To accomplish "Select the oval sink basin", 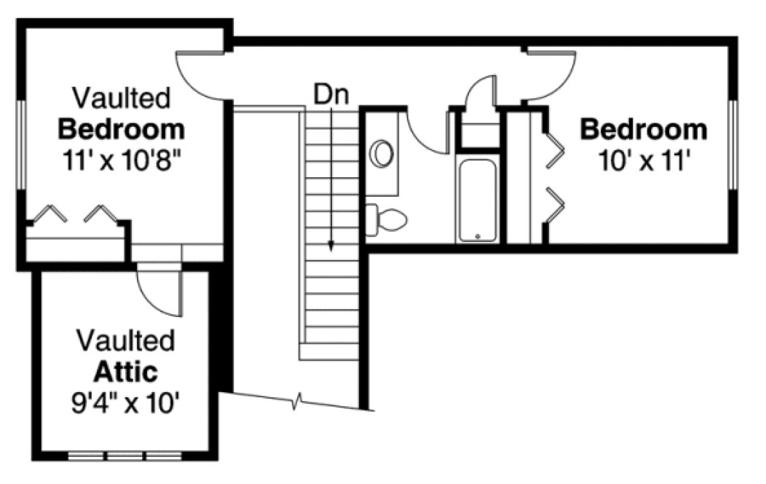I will (383, 154).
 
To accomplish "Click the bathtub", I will (478, 200).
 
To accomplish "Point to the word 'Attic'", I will (126, 372).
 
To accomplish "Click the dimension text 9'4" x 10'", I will (126, 403).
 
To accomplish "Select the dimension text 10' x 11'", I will (643, 159).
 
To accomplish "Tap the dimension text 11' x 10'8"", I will (122, 160).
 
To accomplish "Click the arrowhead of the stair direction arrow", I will (331, 247).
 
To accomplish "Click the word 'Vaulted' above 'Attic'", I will (126, 340).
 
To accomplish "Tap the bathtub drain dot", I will (478, 236).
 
